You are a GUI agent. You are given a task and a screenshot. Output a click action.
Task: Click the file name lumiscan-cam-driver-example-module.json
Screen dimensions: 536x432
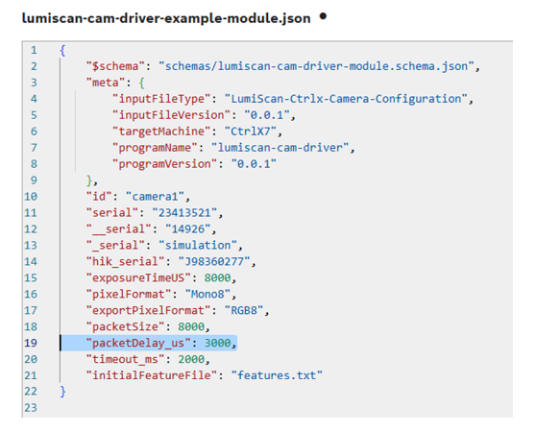click(x=166, y=18)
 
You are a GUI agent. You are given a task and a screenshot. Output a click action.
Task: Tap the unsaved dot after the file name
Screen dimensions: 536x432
click(x=323, y=15)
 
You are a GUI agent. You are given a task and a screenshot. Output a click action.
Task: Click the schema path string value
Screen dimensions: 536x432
click(x=316, y=66)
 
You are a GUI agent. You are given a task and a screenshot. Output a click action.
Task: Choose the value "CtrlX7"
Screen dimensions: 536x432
click(x=251, y=132)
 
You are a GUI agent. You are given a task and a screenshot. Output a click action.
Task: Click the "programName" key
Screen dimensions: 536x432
click(x=156, y=148)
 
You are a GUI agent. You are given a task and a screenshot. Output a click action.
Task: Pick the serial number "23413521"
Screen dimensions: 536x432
click(x=185, y=213)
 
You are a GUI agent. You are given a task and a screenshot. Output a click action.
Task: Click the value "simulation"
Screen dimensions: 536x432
click(x=198, y=246)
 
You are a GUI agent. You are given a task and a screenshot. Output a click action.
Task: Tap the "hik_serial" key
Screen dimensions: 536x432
click(x=126, y=262)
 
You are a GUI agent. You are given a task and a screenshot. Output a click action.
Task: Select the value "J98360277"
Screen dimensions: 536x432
click(x=214, y=262)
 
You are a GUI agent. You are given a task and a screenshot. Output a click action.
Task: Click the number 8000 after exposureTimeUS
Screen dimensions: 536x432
click(x=218, y=278)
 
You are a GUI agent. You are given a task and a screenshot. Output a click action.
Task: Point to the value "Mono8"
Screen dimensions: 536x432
click(x=208, y=295)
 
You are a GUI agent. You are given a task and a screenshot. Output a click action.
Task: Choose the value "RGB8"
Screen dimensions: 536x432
click(x=244, y=311)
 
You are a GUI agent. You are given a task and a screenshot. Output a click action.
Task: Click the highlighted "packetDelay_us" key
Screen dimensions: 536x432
click(x=138, y=344)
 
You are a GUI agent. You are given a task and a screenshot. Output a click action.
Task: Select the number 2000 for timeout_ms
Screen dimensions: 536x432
click(x=191, y=359)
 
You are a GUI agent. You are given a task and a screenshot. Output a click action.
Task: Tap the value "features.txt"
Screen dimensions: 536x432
click(x=277, y=375)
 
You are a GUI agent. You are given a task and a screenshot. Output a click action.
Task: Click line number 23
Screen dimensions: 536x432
click(x=31, y=408)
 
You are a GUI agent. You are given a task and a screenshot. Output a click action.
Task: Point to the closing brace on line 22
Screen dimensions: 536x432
click(x=62, y=392)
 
